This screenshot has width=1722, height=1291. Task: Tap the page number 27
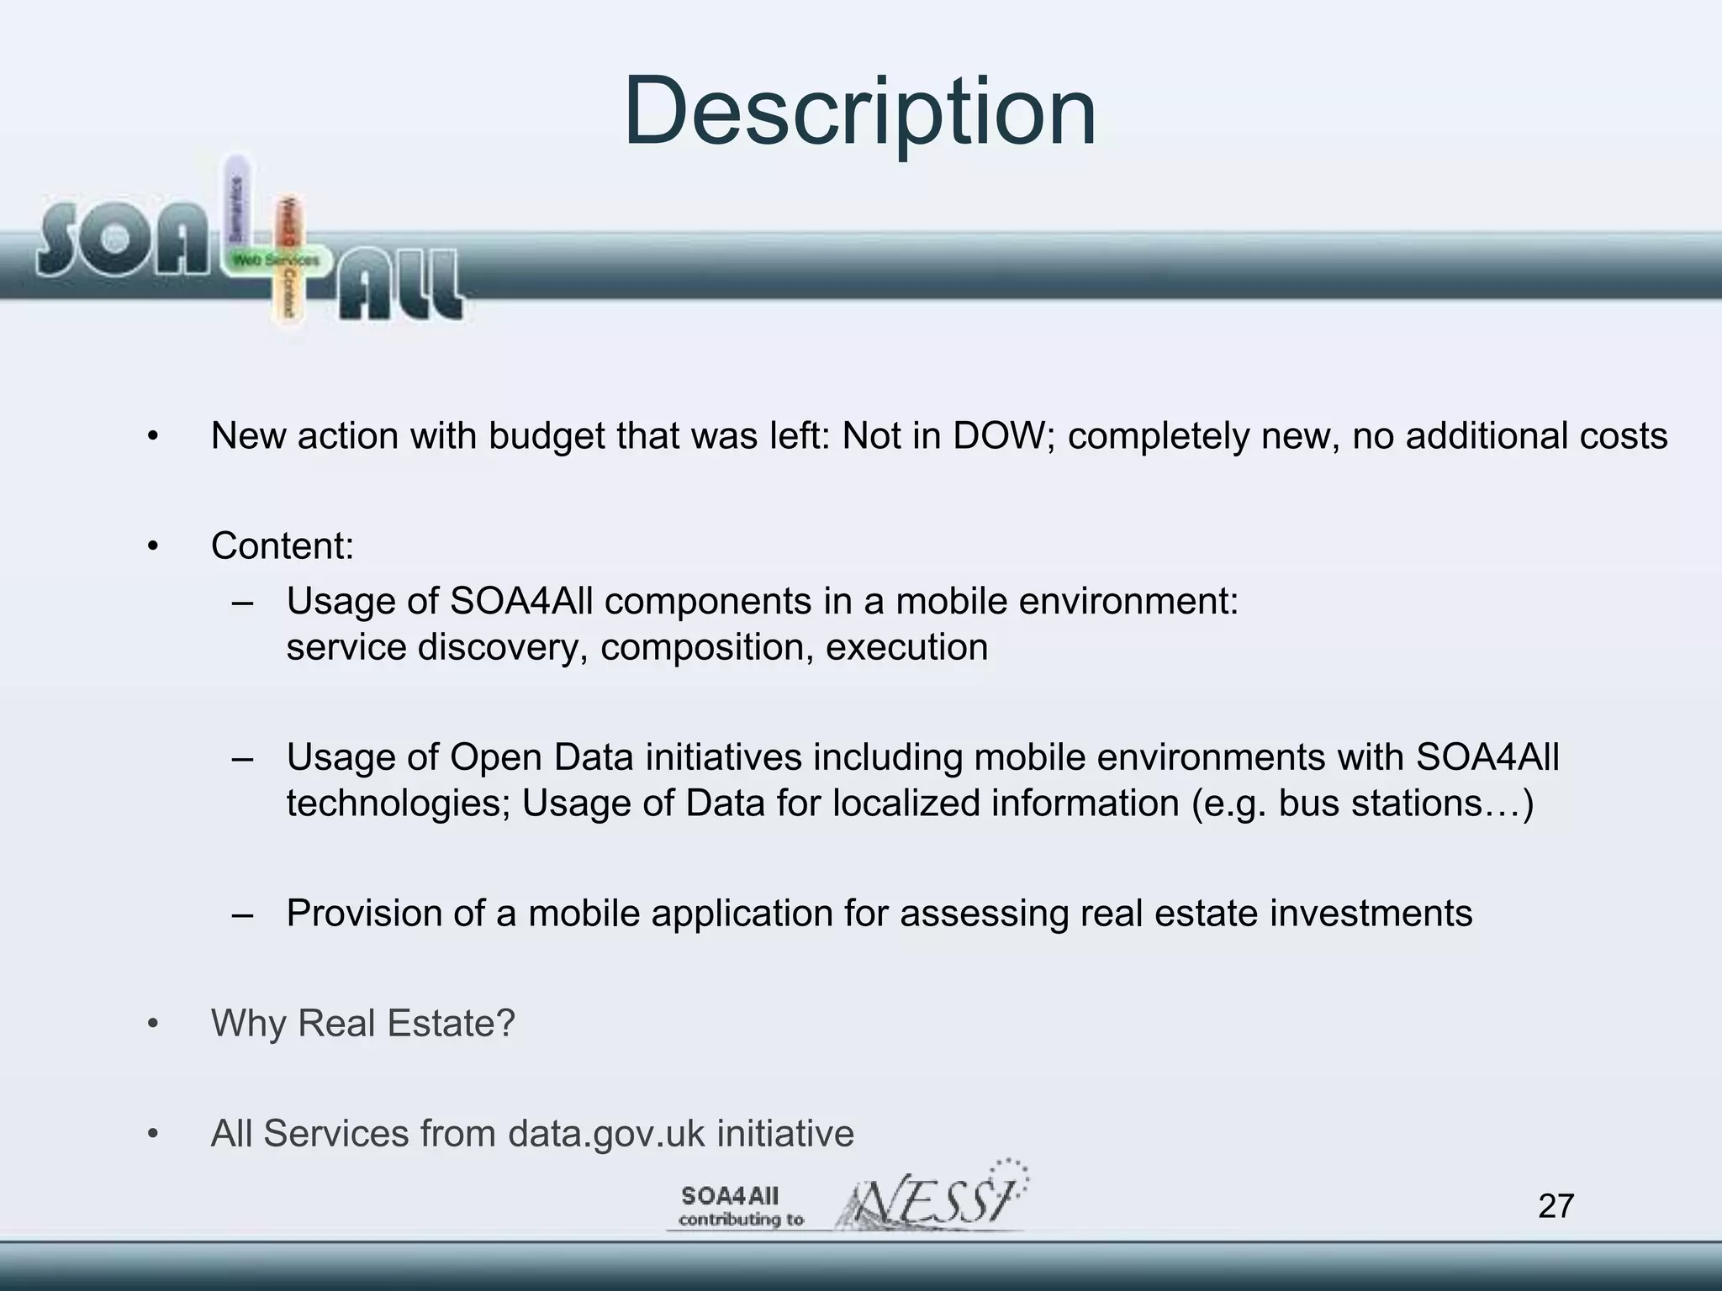coord(1556,1206)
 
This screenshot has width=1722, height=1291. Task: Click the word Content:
coord(283,546)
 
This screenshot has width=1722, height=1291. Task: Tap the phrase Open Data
coord(541,757)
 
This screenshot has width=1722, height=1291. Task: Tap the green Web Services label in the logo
coord(276,261)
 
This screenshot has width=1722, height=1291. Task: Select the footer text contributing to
coord(741,1220)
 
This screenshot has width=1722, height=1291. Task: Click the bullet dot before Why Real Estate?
coord(152,1025)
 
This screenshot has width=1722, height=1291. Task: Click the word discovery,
coord(502,647)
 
